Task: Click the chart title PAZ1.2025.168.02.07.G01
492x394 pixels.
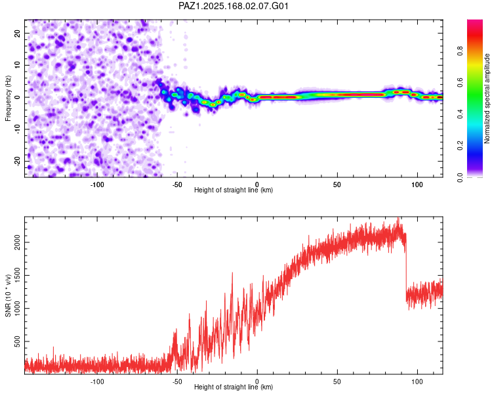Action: (x=233, y=6)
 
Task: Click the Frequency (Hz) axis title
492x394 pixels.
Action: (x=8, y=98)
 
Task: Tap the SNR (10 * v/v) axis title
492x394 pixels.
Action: (x=8, y=295)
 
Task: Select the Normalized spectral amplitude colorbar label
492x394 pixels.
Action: (x=487, y=98)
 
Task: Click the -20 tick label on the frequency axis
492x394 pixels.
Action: (x=17, y=161)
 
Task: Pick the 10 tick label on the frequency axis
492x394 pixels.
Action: (x=17, y=65)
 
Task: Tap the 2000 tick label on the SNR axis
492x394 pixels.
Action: (x=17, y=242)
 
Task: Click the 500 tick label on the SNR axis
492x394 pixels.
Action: (x=17, y=341)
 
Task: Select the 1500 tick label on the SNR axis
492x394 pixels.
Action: (x=17, y=276)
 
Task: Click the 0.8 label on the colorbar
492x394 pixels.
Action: (x=460, y=51)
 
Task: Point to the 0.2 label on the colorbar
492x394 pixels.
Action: (x=460, y=146)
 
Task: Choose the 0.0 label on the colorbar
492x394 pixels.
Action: (x=460, y=177)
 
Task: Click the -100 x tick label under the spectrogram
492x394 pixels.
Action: (x=97, y=185)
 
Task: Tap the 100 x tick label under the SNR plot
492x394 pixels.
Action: (x=417, y=382)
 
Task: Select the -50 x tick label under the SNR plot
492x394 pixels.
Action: (x=177, y=382)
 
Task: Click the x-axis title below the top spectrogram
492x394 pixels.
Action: (x=234, y=190)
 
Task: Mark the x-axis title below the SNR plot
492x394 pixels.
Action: (x=234, y=387)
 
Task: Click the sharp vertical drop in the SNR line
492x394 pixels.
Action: (x=406, y=267)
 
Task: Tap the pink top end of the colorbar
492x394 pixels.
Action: (x=475, y=22)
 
